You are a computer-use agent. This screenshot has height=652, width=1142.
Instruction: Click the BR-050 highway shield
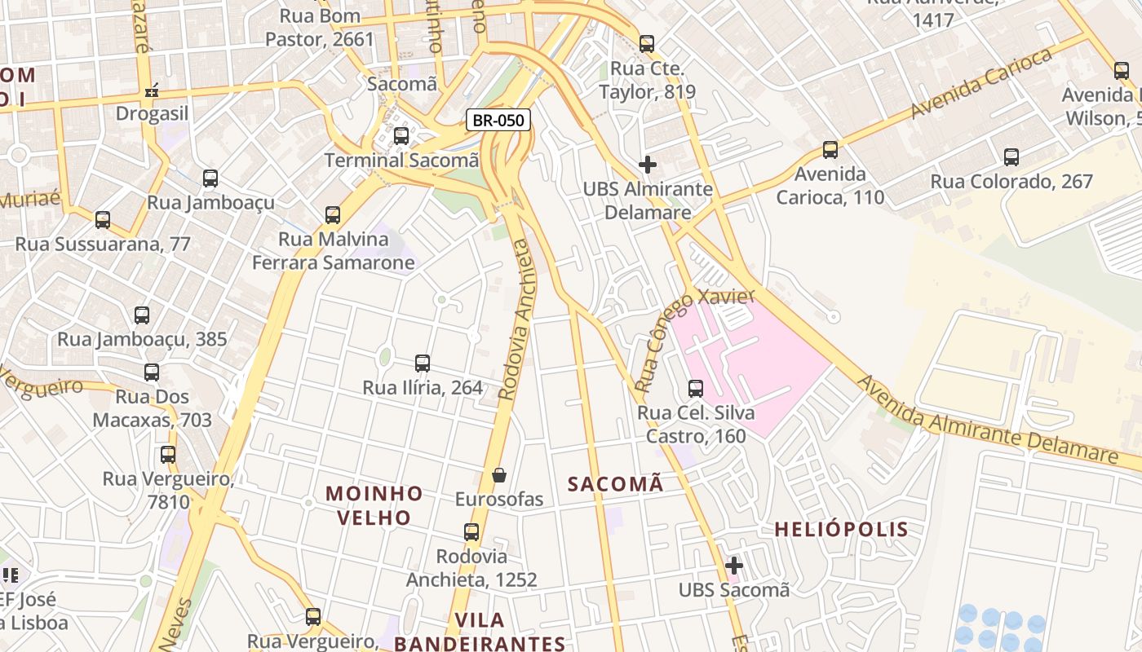[498, 121]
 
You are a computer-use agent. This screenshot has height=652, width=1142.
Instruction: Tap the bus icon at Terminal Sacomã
[401, 136]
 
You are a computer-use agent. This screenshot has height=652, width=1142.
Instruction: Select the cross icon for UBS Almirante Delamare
[647, 165]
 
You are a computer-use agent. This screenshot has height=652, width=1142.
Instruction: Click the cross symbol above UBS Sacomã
[733, 565]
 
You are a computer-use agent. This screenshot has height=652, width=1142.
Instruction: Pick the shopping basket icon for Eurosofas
[499, 475]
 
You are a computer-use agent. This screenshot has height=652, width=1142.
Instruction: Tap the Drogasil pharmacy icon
[152, 90]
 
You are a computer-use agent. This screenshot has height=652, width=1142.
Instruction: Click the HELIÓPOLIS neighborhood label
[840, 529]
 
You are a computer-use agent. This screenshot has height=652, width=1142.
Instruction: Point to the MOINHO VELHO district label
[374, 505]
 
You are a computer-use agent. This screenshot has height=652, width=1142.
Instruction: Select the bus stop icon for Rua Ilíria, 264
[422, 363]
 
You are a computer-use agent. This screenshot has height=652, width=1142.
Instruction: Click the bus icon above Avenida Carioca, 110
[830, 150]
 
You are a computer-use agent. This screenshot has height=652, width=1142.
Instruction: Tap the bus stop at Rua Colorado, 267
[1011, 157]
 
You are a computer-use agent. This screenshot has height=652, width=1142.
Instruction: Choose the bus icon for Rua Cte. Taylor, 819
[647, 44]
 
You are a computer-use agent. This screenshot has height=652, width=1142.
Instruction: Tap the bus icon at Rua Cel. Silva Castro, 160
[695, 389]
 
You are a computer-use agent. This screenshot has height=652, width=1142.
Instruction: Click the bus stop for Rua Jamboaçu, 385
[142, 315]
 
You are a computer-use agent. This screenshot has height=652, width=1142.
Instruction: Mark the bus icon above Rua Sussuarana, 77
[103, 220]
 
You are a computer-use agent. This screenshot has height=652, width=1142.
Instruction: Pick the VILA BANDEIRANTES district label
[480, 632]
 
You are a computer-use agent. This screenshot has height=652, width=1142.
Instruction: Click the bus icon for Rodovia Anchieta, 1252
[471, 532]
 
